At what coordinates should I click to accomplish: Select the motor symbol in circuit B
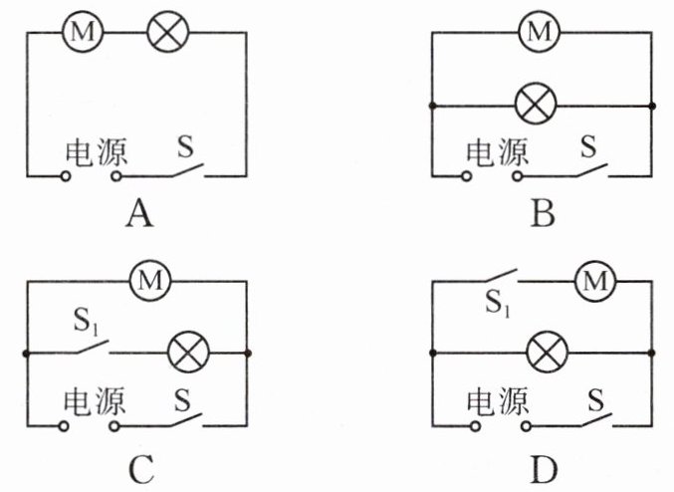pos(539,32)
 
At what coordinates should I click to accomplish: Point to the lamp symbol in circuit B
pos(539,104)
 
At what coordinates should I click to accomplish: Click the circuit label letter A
pos(139,214)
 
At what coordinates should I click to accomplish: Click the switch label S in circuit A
pos(186,147)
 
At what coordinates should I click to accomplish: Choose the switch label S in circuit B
pos(589,147)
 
